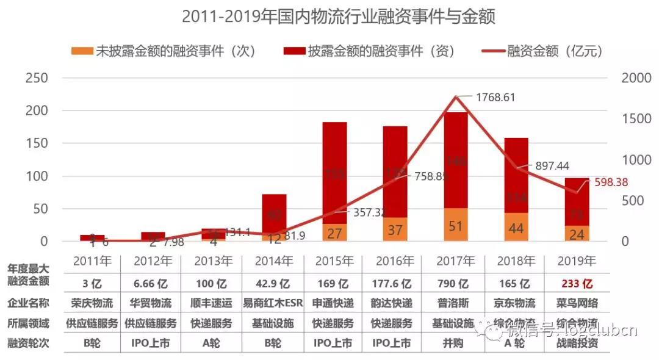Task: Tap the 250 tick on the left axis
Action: pyautogui.click(x=36, y=79)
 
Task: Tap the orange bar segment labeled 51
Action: pyautogui.click(x=455, y=225)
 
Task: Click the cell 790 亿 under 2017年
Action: pyautogui.click(x=455, y=284)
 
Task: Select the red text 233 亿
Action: pyautogui.click(x=575, y=284)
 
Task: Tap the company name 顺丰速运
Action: pyautogui.click(x=213, y=303)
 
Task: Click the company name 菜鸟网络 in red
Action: pyautogui.click(x=575, y=303)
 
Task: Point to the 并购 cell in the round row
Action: pyautogui.click(x=455, y=344)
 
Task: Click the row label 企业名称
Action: pyautogui.click(x=28, y=303)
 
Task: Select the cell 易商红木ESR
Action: pyautogui.click(x=273, y=303)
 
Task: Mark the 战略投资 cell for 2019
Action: pyautogui.click(x=575, y=344)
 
